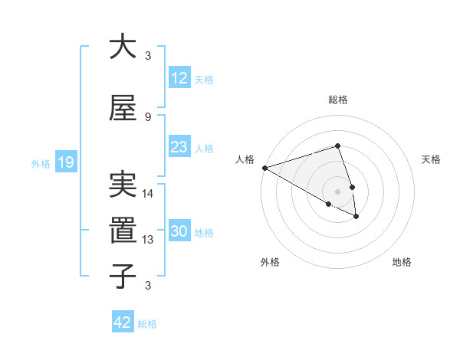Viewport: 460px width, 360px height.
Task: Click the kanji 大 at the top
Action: [123, 47]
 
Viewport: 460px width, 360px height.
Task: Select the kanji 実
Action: [123, 185]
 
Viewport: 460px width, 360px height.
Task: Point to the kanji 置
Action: [123, 230]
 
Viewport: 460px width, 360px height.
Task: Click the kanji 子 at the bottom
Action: [123, 276]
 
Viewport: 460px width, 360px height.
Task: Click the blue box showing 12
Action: [179, 78]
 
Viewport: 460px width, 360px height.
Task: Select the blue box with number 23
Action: [179, 147]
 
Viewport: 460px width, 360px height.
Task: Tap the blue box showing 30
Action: [179, 232]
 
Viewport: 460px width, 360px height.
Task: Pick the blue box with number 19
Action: [65, 162]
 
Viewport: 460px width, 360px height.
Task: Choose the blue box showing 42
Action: [123, 322]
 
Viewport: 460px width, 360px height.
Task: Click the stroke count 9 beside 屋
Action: [148, 117]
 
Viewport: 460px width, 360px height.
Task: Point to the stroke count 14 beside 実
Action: [149, 194]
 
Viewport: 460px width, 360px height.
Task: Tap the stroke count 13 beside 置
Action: [149, 240]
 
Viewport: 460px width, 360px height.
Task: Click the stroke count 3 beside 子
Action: [148, 286]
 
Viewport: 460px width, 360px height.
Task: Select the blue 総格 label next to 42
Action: [147, 324]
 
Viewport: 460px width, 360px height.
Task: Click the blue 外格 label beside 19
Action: [41, 163]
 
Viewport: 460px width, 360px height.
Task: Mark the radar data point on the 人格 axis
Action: [264, 168]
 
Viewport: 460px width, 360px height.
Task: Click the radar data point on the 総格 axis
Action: [337, 146]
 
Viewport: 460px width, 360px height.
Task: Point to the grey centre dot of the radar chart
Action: [337, 191]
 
